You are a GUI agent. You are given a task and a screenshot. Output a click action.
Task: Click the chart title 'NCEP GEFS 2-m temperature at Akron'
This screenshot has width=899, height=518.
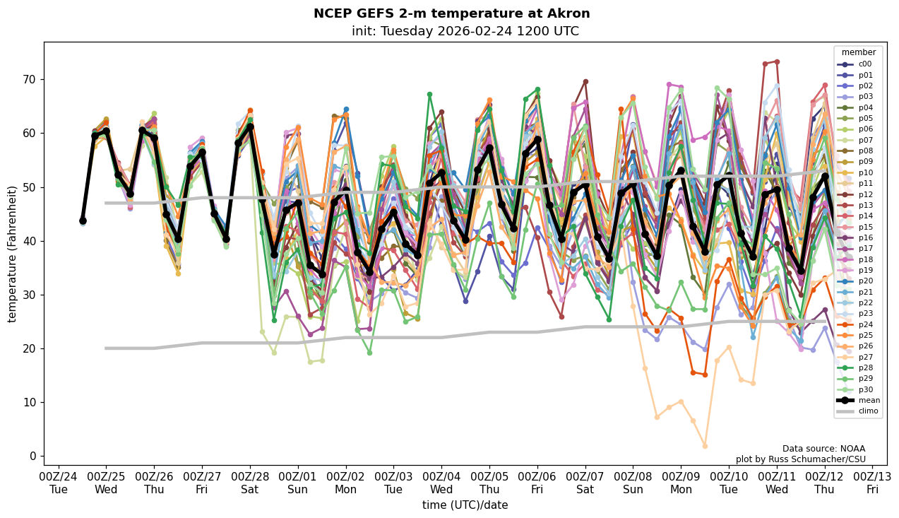tap(451, 14)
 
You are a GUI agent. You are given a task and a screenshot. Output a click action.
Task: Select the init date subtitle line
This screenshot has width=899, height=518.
tap(465, 32)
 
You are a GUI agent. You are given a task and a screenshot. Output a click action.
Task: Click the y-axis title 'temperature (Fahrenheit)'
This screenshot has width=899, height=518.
tap(13, 254)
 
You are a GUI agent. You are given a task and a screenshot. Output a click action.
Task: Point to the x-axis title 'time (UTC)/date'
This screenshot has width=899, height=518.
tap(465, 505)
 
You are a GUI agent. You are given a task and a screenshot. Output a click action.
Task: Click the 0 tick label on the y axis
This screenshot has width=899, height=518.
tap(32, 456)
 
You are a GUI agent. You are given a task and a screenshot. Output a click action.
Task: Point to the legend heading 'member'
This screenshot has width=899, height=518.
tap(858, 52)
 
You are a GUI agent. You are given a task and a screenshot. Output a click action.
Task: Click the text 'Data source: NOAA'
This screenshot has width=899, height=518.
tap(823, 449)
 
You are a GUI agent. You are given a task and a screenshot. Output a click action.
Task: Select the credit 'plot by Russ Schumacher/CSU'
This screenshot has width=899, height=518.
tap(800, 459)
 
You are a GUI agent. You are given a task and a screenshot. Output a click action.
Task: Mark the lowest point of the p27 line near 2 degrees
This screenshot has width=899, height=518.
tap(705, 446)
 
